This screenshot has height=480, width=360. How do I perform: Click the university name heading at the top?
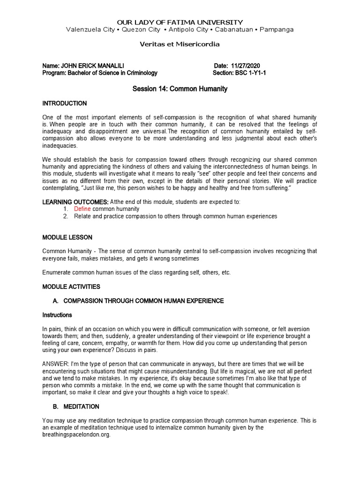tap(180, 22)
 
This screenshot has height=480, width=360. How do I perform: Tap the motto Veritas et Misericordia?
tap(180, 44)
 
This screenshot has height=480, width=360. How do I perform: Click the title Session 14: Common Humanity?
tap(180, 89)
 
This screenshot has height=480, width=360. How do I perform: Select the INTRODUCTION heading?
tap(65, 103)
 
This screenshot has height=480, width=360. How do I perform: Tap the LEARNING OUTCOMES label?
tap(72, 202)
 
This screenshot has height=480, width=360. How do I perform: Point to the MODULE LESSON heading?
tap(67, 238)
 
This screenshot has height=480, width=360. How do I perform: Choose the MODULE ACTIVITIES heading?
tap(71, 286)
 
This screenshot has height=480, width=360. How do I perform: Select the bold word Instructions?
tap(57, 315)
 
